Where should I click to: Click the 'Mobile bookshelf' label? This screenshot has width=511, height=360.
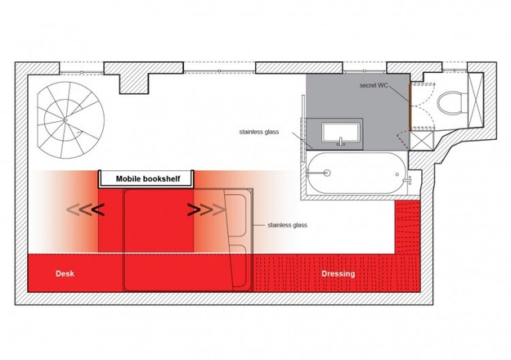point(148,178)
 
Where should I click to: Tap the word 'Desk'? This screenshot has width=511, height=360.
point(65,273)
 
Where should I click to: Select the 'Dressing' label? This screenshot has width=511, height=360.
point(338,273)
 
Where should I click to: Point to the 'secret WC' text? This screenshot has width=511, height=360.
point(374,85)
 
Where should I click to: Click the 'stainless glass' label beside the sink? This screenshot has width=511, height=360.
point(259,132)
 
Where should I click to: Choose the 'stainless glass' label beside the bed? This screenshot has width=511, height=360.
point(287,225)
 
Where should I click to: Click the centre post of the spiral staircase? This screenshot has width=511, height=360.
point(65,120)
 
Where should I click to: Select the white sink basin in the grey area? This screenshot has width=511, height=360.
point(341,133)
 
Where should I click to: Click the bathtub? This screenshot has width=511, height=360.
point(356,173)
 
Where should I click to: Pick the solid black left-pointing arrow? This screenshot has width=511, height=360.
point(98,210)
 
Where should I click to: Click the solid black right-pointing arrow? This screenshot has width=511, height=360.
point(194,209)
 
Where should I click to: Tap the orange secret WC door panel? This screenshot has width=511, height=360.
point(410,106)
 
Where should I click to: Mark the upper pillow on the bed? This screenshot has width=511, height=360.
point(235,215)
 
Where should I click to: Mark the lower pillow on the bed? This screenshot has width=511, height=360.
point(238,265)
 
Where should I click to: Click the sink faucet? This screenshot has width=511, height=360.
point(341,142)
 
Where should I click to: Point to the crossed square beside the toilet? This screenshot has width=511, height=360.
point(476,100)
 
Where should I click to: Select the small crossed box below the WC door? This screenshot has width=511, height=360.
point(422,140)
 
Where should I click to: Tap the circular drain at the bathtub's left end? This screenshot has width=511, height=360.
point(326,173)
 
